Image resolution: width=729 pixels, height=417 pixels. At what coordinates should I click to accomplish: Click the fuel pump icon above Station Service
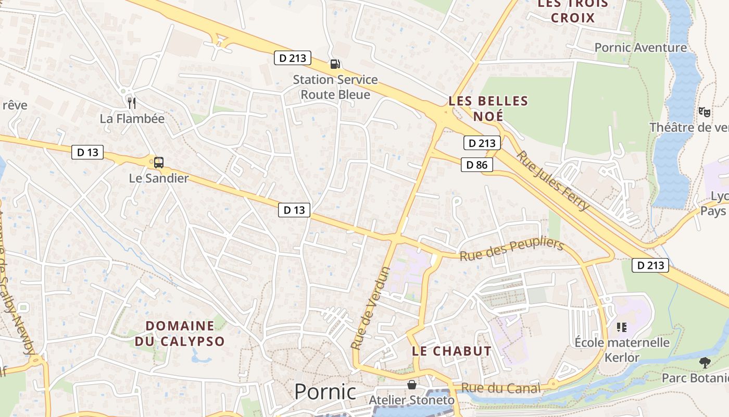click(335, 64)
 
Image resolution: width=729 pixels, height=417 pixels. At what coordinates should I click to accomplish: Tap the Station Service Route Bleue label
click(335, 87)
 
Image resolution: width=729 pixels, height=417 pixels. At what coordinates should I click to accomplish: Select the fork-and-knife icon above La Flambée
click(132, 103)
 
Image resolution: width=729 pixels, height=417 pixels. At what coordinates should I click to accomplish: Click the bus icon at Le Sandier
click(159, 162)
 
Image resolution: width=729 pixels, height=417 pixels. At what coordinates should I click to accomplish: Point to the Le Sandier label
click(159, 178)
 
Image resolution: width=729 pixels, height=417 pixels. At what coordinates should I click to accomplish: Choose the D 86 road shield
click(476, 165)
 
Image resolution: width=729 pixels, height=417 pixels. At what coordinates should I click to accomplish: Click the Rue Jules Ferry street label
click(553, 180)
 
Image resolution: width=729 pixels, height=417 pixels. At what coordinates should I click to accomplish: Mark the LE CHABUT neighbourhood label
click(451, 351)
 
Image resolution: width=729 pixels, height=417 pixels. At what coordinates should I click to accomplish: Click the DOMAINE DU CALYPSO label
click(180, 334)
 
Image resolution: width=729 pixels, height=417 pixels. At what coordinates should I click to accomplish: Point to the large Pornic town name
click(325, 391)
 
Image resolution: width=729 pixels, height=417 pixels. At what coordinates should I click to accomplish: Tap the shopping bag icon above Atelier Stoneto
click(412, 385)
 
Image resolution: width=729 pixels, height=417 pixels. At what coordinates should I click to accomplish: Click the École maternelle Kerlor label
click(622, 350)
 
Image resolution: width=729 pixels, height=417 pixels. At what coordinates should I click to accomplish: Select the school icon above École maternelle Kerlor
click(621, 327)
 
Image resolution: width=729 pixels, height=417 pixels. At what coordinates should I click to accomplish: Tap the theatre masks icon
click(704, 112)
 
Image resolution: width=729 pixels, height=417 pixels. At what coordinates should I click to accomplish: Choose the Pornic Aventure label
click(640, 48)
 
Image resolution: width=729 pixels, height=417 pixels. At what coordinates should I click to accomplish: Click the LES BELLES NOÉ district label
click(488, 108)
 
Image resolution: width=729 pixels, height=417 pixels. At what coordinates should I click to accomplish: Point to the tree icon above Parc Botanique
click(705, 362)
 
